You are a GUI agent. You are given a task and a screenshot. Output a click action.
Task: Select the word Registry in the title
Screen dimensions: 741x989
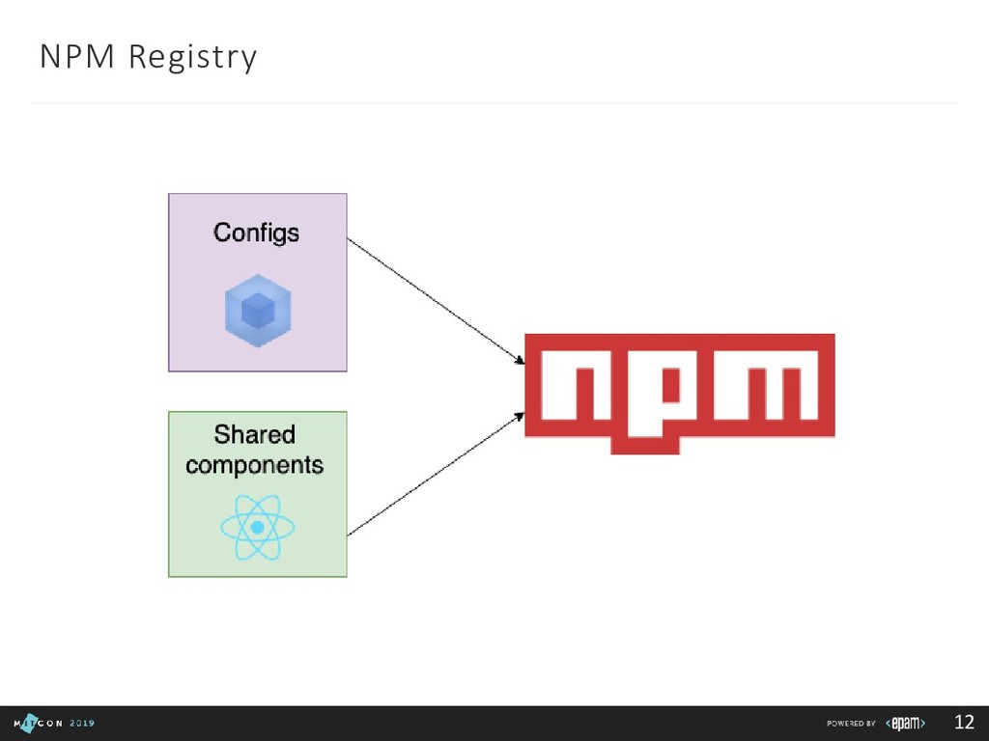[192, 59]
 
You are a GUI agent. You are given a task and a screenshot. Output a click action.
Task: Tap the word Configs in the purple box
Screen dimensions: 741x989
[256, 233]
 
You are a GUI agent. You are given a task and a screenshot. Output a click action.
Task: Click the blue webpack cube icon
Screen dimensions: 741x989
[258, 310]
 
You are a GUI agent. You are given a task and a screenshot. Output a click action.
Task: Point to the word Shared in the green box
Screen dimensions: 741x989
[255, 434]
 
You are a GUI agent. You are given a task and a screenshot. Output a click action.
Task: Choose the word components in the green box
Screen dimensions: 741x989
[255, 465]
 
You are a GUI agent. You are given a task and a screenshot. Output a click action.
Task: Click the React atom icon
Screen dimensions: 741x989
[258, 528]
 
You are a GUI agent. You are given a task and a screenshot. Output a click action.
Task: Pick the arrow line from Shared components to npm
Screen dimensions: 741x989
[435, 475]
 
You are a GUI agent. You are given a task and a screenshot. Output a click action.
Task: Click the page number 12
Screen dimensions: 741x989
[964, 723]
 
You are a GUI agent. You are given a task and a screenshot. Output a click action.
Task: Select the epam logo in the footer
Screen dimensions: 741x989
[906, 724]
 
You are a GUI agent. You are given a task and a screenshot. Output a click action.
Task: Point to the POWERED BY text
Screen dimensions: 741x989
[851, 724]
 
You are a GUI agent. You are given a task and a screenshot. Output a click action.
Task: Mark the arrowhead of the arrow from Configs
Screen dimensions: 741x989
[520, 361]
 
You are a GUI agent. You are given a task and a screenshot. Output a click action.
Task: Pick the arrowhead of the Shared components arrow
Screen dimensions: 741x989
[520, 417]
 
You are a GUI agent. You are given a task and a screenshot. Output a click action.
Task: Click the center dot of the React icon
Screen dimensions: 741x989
[258, 528]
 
